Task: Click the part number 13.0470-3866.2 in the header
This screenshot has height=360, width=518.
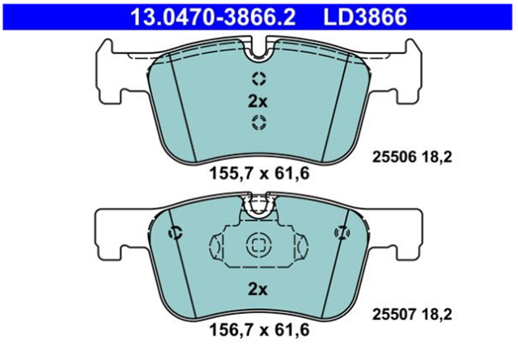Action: click(213, 17)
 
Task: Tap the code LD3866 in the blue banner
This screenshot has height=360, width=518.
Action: click(365, 17)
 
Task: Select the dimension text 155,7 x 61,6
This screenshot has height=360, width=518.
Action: click(259, 174)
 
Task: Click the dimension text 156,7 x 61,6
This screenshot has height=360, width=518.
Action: click(259, 330)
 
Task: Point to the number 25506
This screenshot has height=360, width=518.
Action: click(394, 157)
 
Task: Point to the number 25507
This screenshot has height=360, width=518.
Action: click(394, 315)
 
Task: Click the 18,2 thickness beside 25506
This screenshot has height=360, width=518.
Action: click(436, 158)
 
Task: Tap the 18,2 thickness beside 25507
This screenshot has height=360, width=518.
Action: click(436, 315)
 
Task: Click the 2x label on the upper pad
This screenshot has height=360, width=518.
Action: click(257, 102)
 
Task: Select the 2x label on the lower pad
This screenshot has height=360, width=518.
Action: click(257, 290)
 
